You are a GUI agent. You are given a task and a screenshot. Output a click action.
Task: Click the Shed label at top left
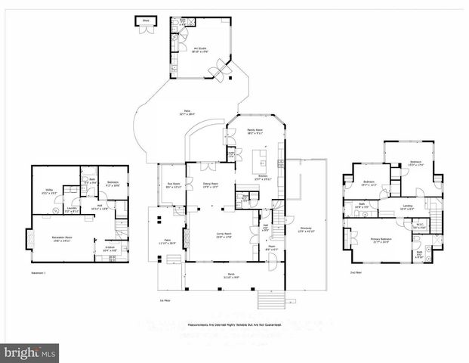click(x=145, y=21)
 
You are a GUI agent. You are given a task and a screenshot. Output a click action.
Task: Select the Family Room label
click(x=255, y=131)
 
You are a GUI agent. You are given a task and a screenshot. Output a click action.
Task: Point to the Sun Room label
click(x=174, y=185)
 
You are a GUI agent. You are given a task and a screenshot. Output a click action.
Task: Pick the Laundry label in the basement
click(x=72, y=209)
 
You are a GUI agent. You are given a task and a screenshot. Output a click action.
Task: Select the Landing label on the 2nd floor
click(x=406, y=206)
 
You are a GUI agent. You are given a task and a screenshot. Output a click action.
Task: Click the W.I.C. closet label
click(x=421, y=225)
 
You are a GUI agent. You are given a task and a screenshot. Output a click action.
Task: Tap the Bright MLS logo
click(x=30, y=352)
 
